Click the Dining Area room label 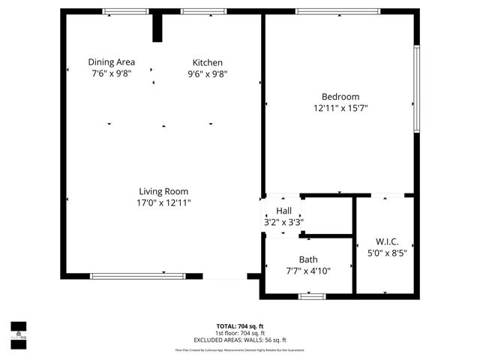[112, 62]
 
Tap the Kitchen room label [208, 62]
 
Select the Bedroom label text [340, 97]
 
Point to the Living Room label [163, 191]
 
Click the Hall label [283, 211]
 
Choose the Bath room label [308, 259]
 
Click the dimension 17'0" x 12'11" [163, 202]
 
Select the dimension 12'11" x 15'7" [340, 108]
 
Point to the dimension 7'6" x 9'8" [112, 73]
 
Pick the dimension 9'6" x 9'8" [208, 73]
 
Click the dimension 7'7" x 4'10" [308, 271]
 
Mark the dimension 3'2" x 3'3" [283, 222]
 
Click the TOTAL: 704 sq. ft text [239, 326]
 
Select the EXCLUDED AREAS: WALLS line [239, 340]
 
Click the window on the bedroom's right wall [417, 89]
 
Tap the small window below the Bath [311, 296]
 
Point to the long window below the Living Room [137, 276]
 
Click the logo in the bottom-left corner [18, 331]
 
